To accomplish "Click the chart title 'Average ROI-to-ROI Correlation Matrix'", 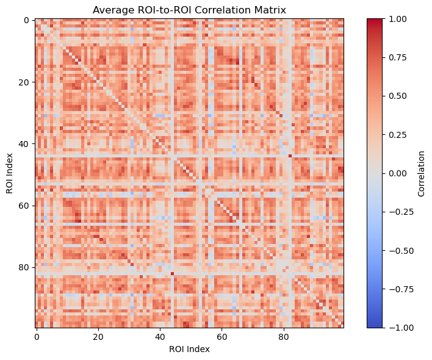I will (189, 10).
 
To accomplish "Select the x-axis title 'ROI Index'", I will (189, 350).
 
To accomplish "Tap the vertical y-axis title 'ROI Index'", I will (10, 173).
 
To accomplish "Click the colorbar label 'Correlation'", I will (422, 173).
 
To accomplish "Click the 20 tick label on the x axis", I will (98, 336).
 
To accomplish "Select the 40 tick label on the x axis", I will (160, 336).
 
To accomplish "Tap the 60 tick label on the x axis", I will (221, 336).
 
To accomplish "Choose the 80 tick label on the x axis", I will (283, 336).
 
